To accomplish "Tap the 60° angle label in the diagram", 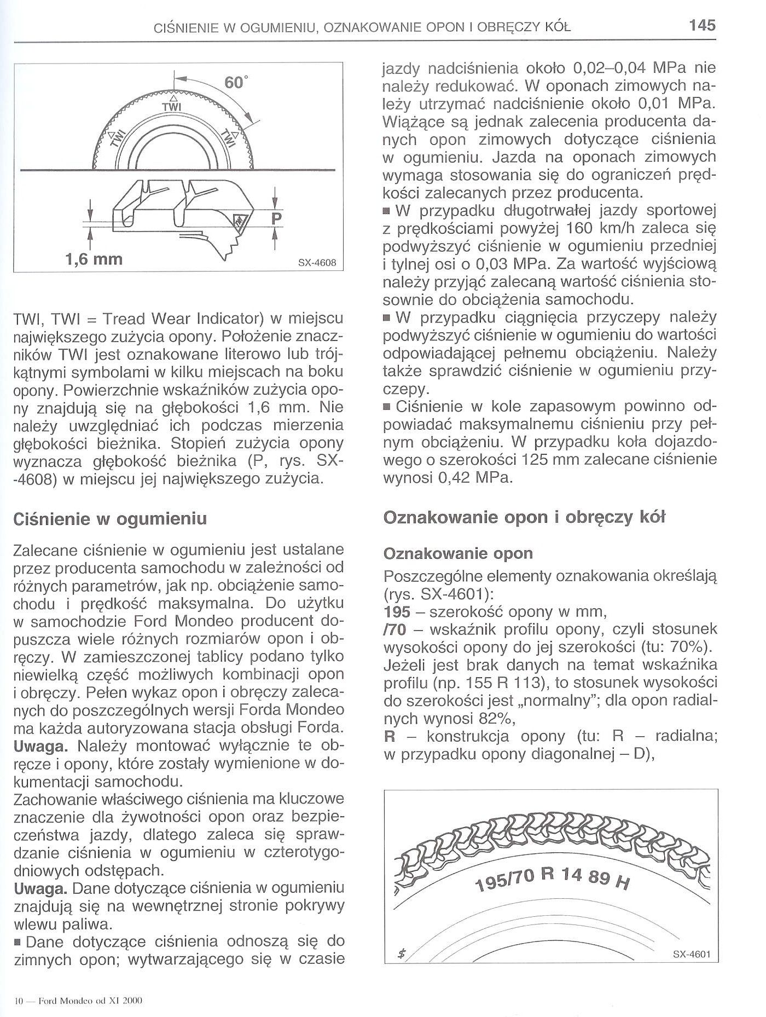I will pyautogui.click(x=236, y=83).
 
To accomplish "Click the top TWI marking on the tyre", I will pyautogui.click(x=172, y=107).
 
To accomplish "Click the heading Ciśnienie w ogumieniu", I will pyautogui.click(x=109, y=518).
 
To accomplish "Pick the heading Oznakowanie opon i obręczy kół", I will pyautogui.click(x=524, y=517).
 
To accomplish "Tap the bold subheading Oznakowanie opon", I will pyautogui.click(x=458, y=553).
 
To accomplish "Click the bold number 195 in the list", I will pyautogui.click(x=397, y=611).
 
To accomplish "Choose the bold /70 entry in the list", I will pyautogui.click(x=395, y=629).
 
